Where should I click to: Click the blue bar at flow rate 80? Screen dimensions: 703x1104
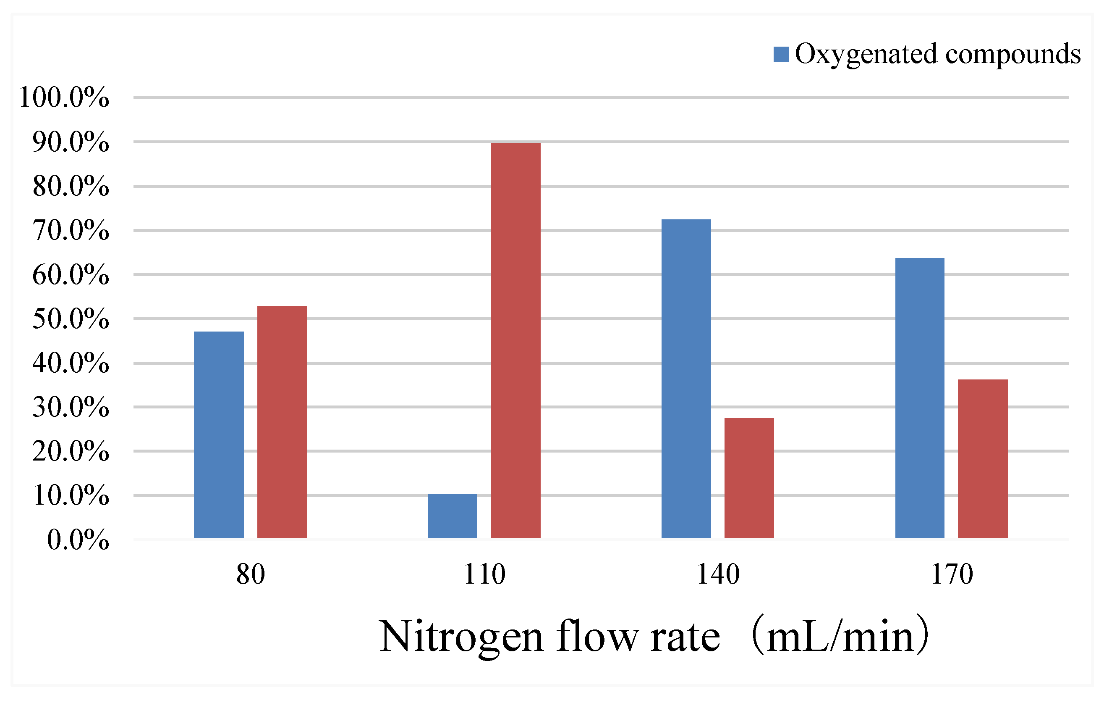[219, 434]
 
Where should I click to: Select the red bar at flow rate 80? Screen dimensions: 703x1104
[282, 422]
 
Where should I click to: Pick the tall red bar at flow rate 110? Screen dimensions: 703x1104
[515, 340]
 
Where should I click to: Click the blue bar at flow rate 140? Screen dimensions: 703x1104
[686, 379]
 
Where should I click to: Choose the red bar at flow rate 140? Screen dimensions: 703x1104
[749, 478]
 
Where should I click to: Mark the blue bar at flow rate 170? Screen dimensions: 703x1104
[920, 398]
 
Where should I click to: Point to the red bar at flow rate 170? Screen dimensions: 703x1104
[983, 458]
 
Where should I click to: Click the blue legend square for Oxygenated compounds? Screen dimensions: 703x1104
[781, 54]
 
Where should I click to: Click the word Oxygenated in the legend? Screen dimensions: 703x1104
[866, 54]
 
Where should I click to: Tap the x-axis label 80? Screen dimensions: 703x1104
[250, 574]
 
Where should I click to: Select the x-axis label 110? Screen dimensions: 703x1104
[484, 574]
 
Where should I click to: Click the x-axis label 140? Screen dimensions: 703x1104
[718, 574]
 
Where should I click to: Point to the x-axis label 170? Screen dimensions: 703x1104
[952, 574]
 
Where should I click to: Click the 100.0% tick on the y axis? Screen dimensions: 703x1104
[64, 98]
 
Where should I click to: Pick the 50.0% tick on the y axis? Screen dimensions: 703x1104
[71, 319]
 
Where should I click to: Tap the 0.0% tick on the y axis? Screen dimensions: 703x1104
[78, 540]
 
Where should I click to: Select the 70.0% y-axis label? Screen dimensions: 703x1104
[71, 230]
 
